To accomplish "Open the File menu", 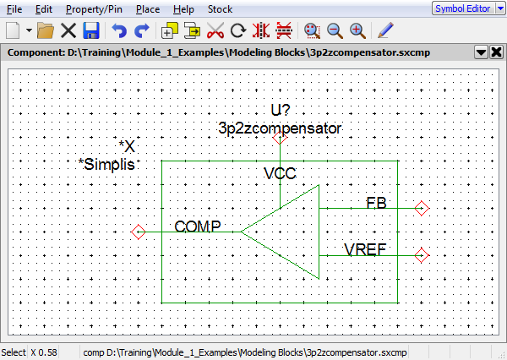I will [x=15, y=9].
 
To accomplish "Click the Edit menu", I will [x=44, y=9].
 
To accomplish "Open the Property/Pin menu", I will [x=91, y=9].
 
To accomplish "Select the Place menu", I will [x=147, y=9].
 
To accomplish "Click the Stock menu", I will [x=220, y=9].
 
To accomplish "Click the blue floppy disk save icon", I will [x=91, y=30].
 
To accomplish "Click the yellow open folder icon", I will [x=46, y=30].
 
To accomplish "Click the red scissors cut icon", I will [x=215, y=30].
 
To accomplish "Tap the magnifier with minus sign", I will [x=335, y=30].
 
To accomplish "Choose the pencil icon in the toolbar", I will [x=385, y=30].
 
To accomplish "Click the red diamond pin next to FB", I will [x=422, y=208].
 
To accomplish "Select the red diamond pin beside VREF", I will [x=422, y=254].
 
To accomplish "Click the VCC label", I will [x=280, y=174].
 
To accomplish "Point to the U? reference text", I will [x=281, y=111].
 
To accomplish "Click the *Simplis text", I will [x=106, y=164].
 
